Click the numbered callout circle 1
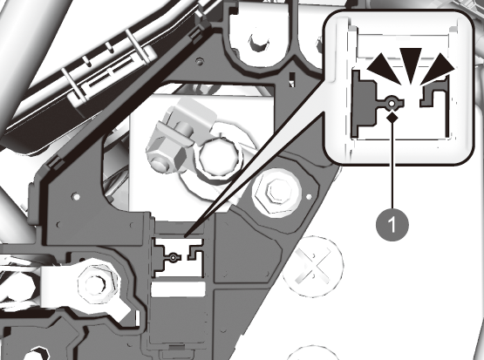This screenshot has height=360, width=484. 392,224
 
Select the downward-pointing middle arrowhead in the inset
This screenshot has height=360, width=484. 411,65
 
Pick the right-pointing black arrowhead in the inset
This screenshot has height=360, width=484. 440,69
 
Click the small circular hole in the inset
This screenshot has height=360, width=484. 392,105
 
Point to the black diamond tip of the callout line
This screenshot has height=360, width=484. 392,117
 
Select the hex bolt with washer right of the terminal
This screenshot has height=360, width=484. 276,190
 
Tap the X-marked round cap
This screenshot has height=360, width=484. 313,267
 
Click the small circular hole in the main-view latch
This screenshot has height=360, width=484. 174,257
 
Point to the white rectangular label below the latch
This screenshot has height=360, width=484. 178,289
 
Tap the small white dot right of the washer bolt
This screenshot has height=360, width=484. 310,196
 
